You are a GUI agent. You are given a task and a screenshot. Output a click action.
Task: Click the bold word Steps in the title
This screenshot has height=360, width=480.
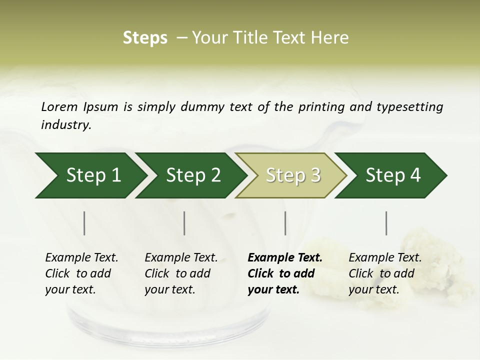coord(145,38)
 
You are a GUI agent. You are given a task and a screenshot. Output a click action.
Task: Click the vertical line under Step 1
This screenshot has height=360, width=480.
coord(84,223)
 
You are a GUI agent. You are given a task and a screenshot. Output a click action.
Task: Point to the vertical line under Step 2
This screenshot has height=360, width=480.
coord(184,223)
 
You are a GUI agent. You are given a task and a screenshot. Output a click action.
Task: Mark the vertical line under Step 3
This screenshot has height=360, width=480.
coord(285,223)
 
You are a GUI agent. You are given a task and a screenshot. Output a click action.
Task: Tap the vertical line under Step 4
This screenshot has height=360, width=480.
coord(386,223)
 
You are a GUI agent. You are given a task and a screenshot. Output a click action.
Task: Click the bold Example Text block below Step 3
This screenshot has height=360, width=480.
coord(284,273)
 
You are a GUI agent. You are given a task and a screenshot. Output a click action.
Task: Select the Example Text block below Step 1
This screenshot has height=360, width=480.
coord(81,273)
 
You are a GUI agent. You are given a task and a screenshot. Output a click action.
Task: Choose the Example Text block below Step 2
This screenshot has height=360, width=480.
coord(181,273)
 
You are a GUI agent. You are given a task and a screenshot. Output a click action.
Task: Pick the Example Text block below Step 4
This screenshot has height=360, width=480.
coord(385,273)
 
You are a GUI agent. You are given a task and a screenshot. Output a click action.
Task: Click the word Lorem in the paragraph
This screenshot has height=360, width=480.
coord(59,106)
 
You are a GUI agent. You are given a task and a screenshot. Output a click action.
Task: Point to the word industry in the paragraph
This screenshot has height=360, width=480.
coord(66,125)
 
